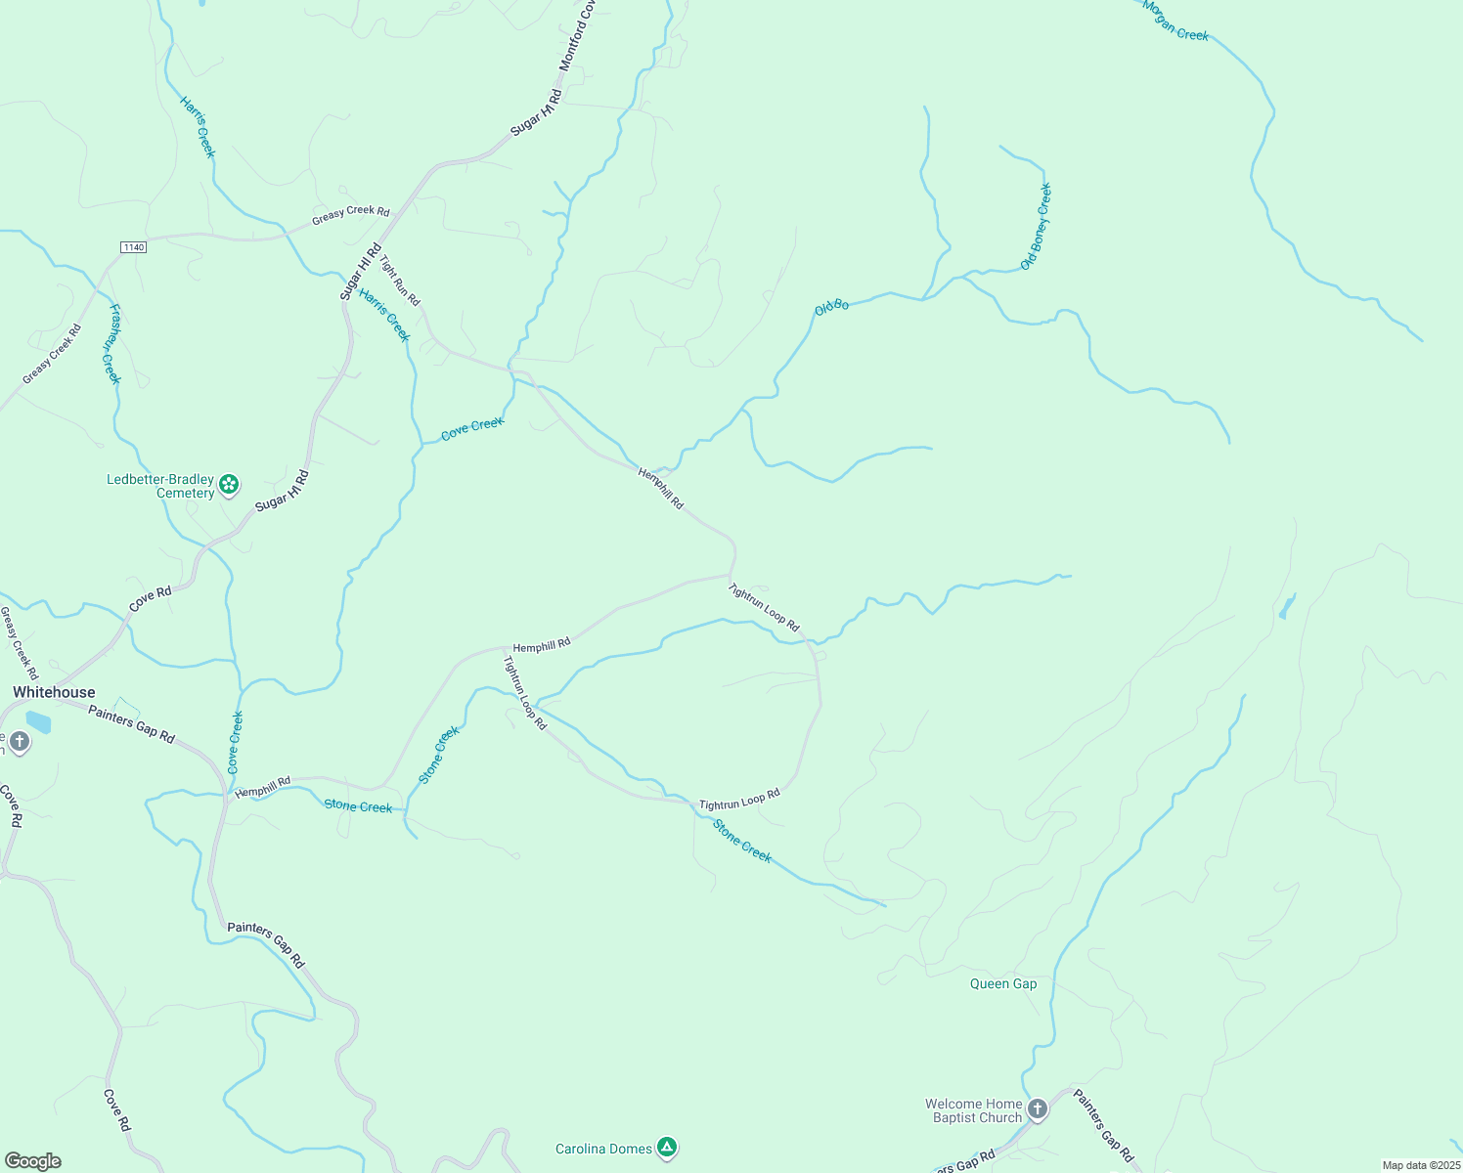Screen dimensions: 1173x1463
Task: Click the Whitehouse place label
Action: tap(54, 692)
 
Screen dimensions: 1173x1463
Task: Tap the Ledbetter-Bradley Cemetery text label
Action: tap(160, 486)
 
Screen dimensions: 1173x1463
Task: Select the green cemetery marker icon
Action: tap(229, 484)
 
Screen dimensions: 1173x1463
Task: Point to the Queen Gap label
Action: tap(1003, 983)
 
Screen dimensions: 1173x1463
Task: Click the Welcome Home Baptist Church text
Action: tap(974, 1110)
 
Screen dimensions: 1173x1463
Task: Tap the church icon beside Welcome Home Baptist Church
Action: tap(1038, 1108)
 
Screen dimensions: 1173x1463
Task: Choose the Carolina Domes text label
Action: tap(603, 1149)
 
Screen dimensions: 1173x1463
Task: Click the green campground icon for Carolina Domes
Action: tap(667, 1147)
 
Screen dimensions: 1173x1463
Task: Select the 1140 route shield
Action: tap(133, 247)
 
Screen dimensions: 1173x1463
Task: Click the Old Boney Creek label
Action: tap(1036, 227)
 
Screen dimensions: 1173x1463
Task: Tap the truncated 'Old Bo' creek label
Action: tap(831, 307)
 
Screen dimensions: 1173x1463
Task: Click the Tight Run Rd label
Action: tap(400, 281)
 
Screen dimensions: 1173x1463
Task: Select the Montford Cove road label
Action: tap(578, 35)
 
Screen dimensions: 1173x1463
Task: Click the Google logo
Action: tap(33, 1161)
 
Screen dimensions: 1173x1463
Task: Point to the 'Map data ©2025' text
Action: tap(1420, 1165)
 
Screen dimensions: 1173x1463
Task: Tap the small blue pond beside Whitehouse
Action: tap(38, 722)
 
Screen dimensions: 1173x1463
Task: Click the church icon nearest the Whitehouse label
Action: tap(19, 743)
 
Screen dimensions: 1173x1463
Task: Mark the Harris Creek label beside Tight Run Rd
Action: tap(383, 315)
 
